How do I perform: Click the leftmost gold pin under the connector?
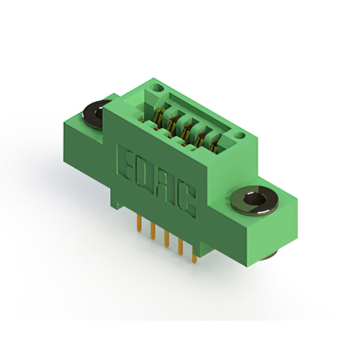[x=139, y=223]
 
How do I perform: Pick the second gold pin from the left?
[x=153, y=231]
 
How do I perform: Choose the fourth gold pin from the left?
[x=181, y=247]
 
